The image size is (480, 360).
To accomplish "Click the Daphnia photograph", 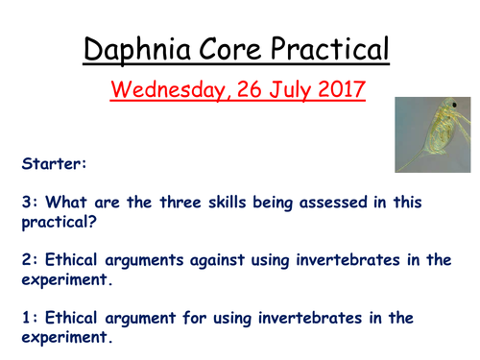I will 430,135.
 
